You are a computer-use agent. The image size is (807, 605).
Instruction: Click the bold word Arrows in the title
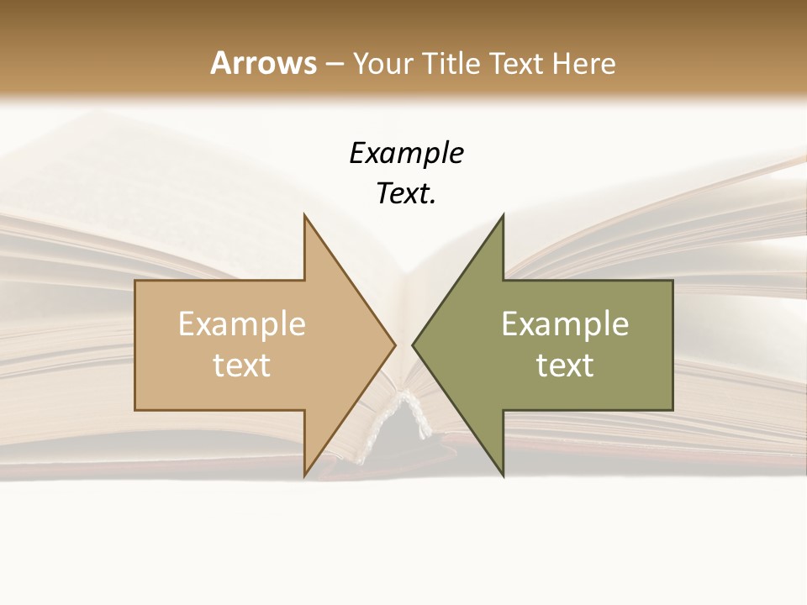click(x=264, y=63)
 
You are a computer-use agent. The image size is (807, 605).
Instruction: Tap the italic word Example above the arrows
click(x=406, y=154)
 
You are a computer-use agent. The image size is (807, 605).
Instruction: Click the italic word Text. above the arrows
click(x=406, y=194)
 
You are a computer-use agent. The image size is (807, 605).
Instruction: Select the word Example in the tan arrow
click(x=241, y=324)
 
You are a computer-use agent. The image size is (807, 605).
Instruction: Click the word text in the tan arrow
click(x=241, y=366)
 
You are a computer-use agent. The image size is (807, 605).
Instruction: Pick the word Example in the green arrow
click(x=565, y=324)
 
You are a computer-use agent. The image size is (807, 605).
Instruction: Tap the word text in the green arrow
click(x=565, y=366)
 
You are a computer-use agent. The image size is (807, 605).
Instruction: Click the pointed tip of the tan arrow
click(x=395, y=345)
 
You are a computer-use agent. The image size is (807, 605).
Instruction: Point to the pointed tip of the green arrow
click(x=413, y=345)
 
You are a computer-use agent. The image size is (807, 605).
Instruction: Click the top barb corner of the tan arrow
click(x=304, y=215)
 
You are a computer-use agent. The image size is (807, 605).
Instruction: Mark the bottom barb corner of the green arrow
click(x=503, y=476)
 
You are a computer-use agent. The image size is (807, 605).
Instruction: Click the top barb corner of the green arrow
click(x=503, y=215)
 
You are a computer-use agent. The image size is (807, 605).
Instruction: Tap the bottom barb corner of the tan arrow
click(x=304, y=476)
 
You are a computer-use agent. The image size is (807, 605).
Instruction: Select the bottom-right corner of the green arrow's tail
click(x=672, y=410)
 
